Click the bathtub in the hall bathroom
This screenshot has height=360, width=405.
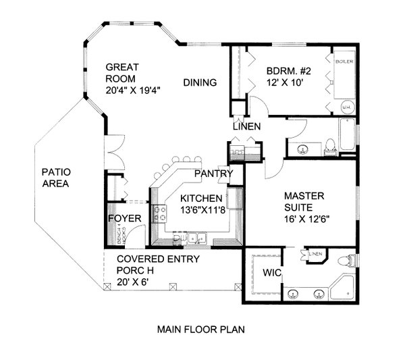347,136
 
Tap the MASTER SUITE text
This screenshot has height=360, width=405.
304,201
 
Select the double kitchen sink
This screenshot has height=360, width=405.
196,237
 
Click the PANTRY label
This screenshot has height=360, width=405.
213,174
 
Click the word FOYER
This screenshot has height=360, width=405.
125,219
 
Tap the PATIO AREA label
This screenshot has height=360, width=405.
57,178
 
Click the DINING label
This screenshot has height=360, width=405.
200,83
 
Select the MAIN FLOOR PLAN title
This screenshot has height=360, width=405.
200,330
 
